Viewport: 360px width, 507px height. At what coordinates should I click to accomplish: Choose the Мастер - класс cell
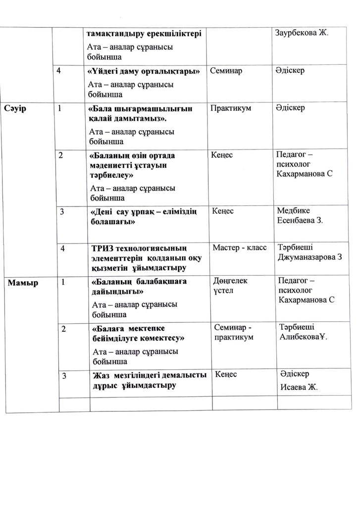[239, 247]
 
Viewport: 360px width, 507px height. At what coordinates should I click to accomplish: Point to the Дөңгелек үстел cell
[230, 285]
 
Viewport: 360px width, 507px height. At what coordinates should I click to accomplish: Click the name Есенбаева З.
[300, 220]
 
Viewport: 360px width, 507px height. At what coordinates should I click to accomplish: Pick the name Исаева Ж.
[299, 387]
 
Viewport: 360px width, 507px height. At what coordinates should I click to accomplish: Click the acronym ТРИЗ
[103, 247]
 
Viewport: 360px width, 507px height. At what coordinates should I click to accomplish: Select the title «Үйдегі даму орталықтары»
[144, 71]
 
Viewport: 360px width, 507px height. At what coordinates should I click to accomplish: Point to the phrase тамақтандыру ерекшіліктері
[144, 34]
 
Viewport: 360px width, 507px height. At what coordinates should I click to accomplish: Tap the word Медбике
[294, 211]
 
